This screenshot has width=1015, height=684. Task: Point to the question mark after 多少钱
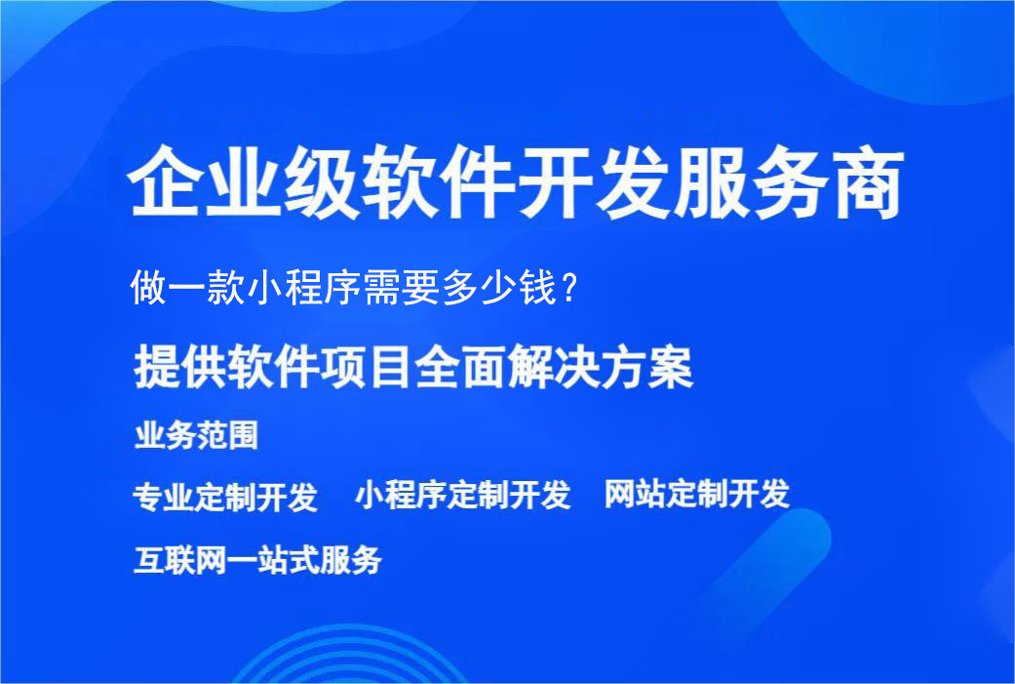tap(572, 289)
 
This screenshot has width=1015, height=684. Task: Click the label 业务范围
tap(196, 435)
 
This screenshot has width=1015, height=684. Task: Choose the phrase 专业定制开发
tap(225, 497)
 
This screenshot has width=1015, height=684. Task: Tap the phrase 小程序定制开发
tap(462, 495)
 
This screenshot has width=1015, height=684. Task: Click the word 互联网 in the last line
tap(180, 560)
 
